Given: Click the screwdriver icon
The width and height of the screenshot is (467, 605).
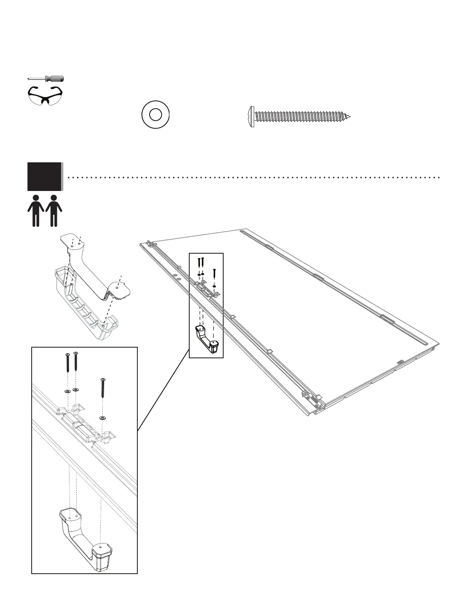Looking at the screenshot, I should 46,79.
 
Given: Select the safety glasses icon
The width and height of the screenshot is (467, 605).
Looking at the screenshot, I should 45,95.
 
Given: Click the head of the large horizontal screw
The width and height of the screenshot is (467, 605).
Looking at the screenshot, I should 251,116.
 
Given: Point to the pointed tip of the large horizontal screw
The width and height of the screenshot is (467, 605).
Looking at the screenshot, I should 348,116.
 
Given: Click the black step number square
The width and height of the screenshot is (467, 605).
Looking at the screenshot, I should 44,176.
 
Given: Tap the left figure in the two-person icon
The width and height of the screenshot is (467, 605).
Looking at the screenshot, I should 36,211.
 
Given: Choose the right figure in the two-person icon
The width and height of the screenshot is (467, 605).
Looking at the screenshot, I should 54,211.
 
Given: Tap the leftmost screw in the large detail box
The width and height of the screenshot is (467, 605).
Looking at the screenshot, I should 68,362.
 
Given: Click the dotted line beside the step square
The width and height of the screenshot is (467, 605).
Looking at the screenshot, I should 252,178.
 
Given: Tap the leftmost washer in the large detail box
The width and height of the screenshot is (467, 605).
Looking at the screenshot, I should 68,391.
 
